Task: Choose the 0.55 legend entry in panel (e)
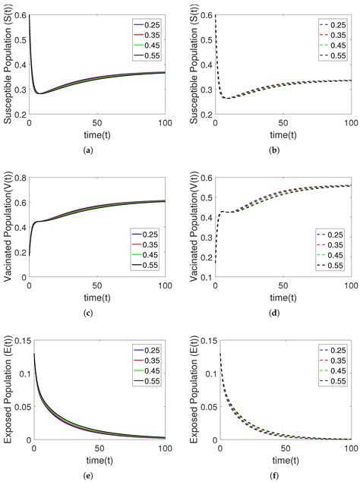tap(147, 394)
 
